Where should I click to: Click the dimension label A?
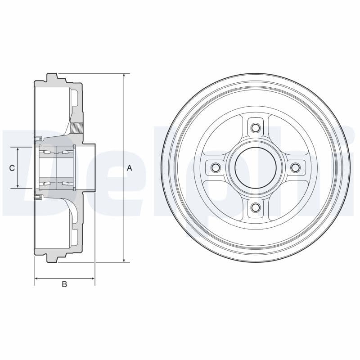(x=129, y=168)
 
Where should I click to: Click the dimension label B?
(x=64, y=284)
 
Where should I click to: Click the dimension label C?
(x=12, y=168)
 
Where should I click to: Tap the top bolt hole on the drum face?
(x=255, y=128)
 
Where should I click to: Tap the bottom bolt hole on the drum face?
(x=255, y=207)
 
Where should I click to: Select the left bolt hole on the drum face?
(x=215, y=168)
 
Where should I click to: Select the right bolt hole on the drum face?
(x=295, y=168)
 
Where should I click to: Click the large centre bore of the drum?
(x=255, y=168)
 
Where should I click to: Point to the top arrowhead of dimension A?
(x=124, y=76)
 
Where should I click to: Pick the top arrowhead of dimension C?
(x=18, y=149)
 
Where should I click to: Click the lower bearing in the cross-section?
(x=56, y=183)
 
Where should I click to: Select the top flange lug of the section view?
(x=52, y=77)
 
